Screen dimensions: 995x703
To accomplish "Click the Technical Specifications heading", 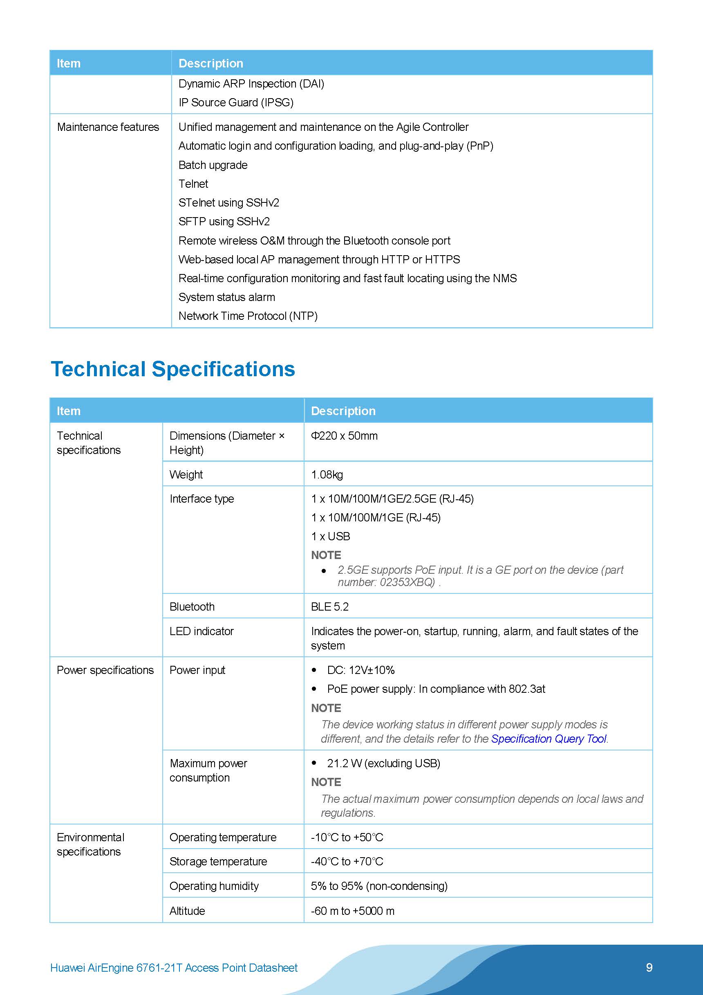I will click(x=173, y=369).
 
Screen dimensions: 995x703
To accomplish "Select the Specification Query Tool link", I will click(x=549, y=739).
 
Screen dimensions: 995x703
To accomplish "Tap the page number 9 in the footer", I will click(x=649, y=967).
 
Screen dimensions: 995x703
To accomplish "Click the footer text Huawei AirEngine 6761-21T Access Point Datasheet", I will click(x=174, y=968).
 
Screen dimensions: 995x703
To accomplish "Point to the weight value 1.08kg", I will click(x=327, y=474).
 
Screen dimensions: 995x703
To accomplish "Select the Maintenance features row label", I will click(x=108, y=127).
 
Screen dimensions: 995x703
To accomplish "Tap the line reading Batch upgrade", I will click(x=213, y=165).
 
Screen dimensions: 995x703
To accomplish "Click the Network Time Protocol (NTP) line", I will click(x=248, y=316).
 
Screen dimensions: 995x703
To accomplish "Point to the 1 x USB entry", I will click(x=331, y=536).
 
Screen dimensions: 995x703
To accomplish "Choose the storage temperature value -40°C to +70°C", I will click(x=347, y=861).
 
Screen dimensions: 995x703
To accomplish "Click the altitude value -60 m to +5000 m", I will click(x=353, y=910).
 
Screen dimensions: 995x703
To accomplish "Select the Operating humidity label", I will click(x=214, y=886).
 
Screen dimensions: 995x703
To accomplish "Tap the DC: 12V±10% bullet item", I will click(x=360, y=670).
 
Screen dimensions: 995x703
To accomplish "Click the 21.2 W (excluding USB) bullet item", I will click(x=383, y=763).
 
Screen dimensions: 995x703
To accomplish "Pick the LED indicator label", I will click(x=201, y=631).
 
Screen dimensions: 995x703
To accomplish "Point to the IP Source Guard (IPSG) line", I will click(x=236, y=103).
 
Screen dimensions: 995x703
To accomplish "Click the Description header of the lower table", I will click(x=343, y=411).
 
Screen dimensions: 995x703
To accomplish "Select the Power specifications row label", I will click(x=105, y=670).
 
